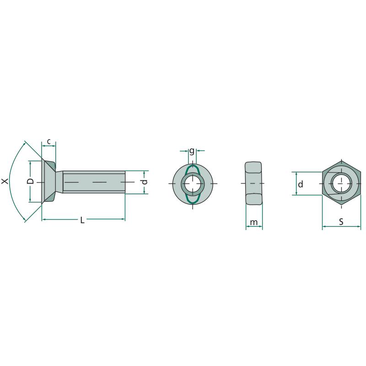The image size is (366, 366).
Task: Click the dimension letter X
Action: [x=5, y=181]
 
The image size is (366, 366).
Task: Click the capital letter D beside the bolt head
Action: [x=30, y=181]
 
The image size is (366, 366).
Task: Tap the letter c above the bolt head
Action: [x=49, y=141]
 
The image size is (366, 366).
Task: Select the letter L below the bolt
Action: [x=82, y=220]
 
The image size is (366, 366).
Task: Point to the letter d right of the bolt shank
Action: [x=145, y=182]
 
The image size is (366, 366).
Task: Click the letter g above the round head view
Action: [x=192, y=151]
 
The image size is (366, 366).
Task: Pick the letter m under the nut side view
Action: [x=254, y=222]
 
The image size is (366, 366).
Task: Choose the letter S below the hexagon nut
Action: [x=341, y=221]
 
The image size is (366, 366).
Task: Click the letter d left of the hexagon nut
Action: [x=301, y=184]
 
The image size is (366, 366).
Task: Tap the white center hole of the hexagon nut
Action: [x=341, y=183]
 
